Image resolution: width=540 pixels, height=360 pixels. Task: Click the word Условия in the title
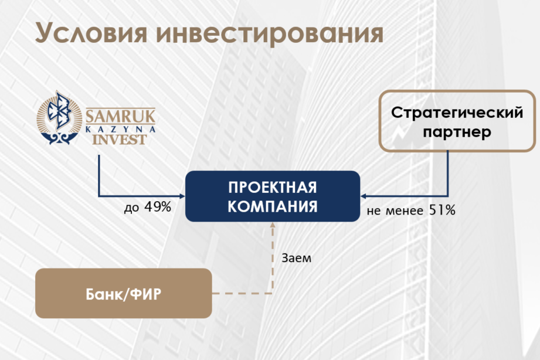91,33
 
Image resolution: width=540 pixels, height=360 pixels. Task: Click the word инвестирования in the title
270,33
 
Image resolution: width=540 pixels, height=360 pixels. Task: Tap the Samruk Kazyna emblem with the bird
59,117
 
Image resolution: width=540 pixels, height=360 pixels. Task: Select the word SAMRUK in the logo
120,116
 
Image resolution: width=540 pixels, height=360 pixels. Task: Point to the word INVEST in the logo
120,140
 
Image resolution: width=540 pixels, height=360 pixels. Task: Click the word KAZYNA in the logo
120,129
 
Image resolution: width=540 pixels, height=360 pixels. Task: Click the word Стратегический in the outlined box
457,113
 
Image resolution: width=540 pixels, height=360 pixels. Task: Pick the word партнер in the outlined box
457,132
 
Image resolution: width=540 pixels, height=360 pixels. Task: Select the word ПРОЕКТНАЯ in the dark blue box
273,188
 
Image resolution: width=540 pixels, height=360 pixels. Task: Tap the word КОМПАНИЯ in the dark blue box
273,207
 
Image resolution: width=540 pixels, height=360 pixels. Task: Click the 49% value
158,207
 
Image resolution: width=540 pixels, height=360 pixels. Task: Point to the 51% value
442,210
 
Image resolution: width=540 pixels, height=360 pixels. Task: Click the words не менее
395,211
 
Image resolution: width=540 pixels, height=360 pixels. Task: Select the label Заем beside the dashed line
296,258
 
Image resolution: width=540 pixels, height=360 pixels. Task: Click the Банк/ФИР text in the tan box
123,294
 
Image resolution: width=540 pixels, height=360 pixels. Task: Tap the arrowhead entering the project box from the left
183,196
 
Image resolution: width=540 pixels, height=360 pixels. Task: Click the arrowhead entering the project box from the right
363,196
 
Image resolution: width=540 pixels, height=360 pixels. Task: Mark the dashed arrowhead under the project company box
273,225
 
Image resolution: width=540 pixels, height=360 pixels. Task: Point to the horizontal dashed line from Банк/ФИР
242,294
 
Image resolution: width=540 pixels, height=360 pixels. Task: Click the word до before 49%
132,208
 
